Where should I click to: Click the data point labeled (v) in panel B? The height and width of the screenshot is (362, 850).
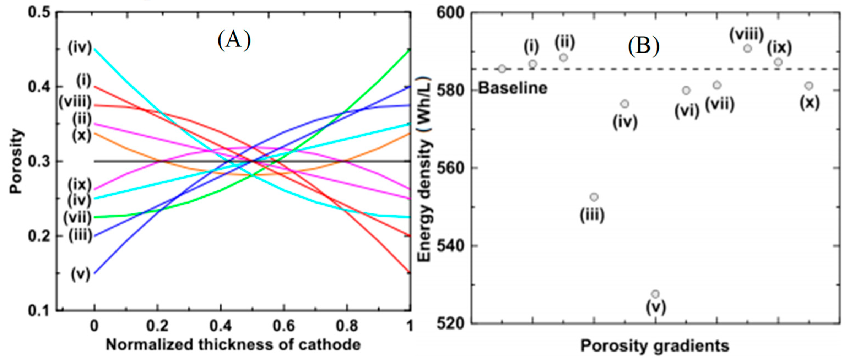pyautogui.click(x=655, y=294)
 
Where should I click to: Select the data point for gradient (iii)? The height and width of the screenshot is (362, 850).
pyautogui.click(x=594, y=197)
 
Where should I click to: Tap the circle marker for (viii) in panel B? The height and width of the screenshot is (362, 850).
pyautogui.click(x=747, y=48)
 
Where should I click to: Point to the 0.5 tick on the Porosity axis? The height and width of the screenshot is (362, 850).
pyautogui.click(x=39, y=13)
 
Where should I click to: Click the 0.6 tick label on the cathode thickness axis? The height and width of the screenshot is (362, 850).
pyautogui.click(x=284, y=326)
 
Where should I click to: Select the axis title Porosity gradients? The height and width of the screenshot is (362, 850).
pyautogui.click(x=655, y=346)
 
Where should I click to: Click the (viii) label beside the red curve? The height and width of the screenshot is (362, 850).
pyautogui.click(x=75, y=102)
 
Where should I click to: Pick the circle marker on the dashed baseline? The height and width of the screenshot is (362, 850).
pyautogui.click(x=502, y=69)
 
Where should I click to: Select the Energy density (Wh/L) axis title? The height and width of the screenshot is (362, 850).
pyautogui.click(x=424, y=170)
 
